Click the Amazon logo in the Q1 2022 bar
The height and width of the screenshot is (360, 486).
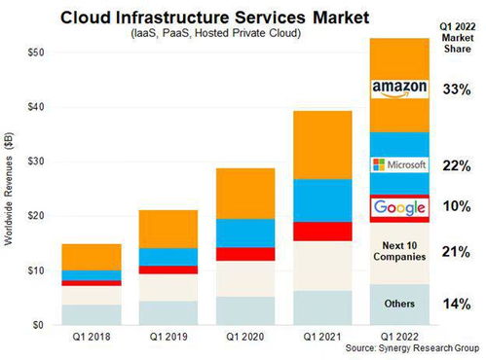click(x=399, y=89)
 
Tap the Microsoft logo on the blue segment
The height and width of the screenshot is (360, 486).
click(x=399, y=164)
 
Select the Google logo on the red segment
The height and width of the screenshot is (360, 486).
click(x=399, y=207)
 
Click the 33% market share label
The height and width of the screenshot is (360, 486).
click(x=457, y=90)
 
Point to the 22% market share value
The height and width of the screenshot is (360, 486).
click(x=457, y=166)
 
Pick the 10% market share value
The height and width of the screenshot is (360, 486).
click(x=457, y=206)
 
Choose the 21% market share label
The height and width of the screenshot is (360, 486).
click(x=456, y=252)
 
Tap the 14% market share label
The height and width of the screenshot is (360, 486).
click(x=457, y=305)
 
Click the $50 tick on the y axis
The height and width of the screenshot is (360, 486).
click(x=36, y=53)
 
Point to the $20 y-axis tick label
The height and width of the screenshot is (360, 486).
click(x=36, y=216)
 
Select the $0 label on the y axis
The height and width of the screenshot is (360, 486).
click(x=38, y=325)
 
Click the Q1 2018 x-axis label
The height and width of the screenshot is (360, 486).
click(x=92, y=337)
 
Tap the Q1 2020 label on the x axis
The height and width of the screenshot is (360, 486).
click(x=245, y=337)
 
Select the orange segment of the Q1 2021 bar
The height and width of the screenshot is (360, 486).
click(x=322, y=145)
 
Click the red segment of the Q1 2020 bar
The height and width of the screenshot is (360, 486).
click(x=245, y=254)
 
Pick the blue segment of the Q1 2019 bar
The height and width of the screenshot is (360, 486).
click(x=168, y=257)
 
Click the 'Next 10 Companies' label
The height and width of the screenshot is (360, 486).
click(x=399, y=251)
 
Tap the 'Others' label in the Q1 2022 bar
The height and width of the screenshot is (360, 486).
click(x=399, y=304)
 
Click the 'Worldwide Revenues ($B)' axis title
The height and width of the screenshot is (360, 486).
click(x=9, y=189)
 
